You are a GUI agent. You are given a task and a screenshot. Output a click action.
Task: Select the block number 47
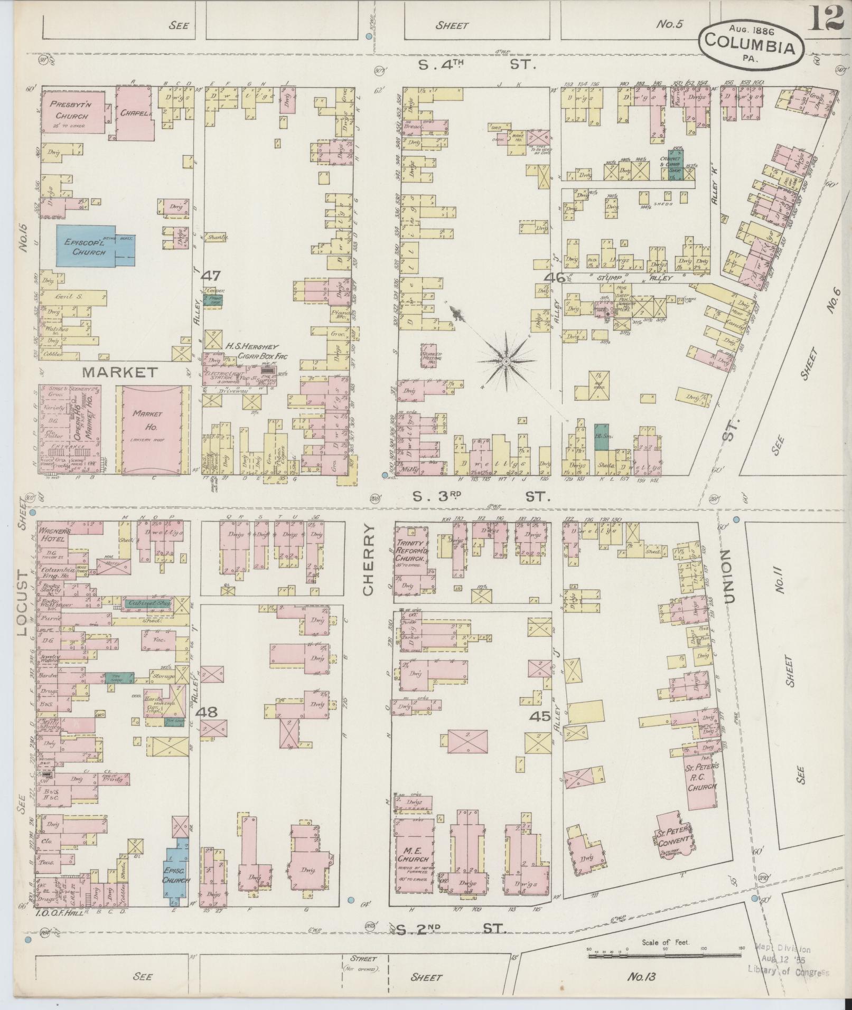tap(213, 275)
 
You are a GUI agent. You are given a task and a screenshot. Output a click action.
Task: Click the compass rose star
tap(506, 362)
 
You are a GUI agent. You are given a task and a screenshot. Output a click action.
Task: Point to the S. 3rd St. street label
tap(481, 497)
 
